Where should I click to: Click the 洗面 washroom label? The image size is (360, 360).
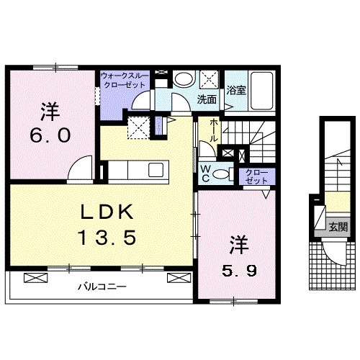tap(207, 99)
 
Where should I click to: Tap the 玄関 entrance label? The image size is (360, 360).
tap(338, 227)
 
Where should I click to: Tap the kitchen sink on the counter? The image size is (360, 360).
tap(156, 170)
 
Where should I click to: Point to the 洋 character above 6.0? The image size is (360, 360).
tap(50, 112)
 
